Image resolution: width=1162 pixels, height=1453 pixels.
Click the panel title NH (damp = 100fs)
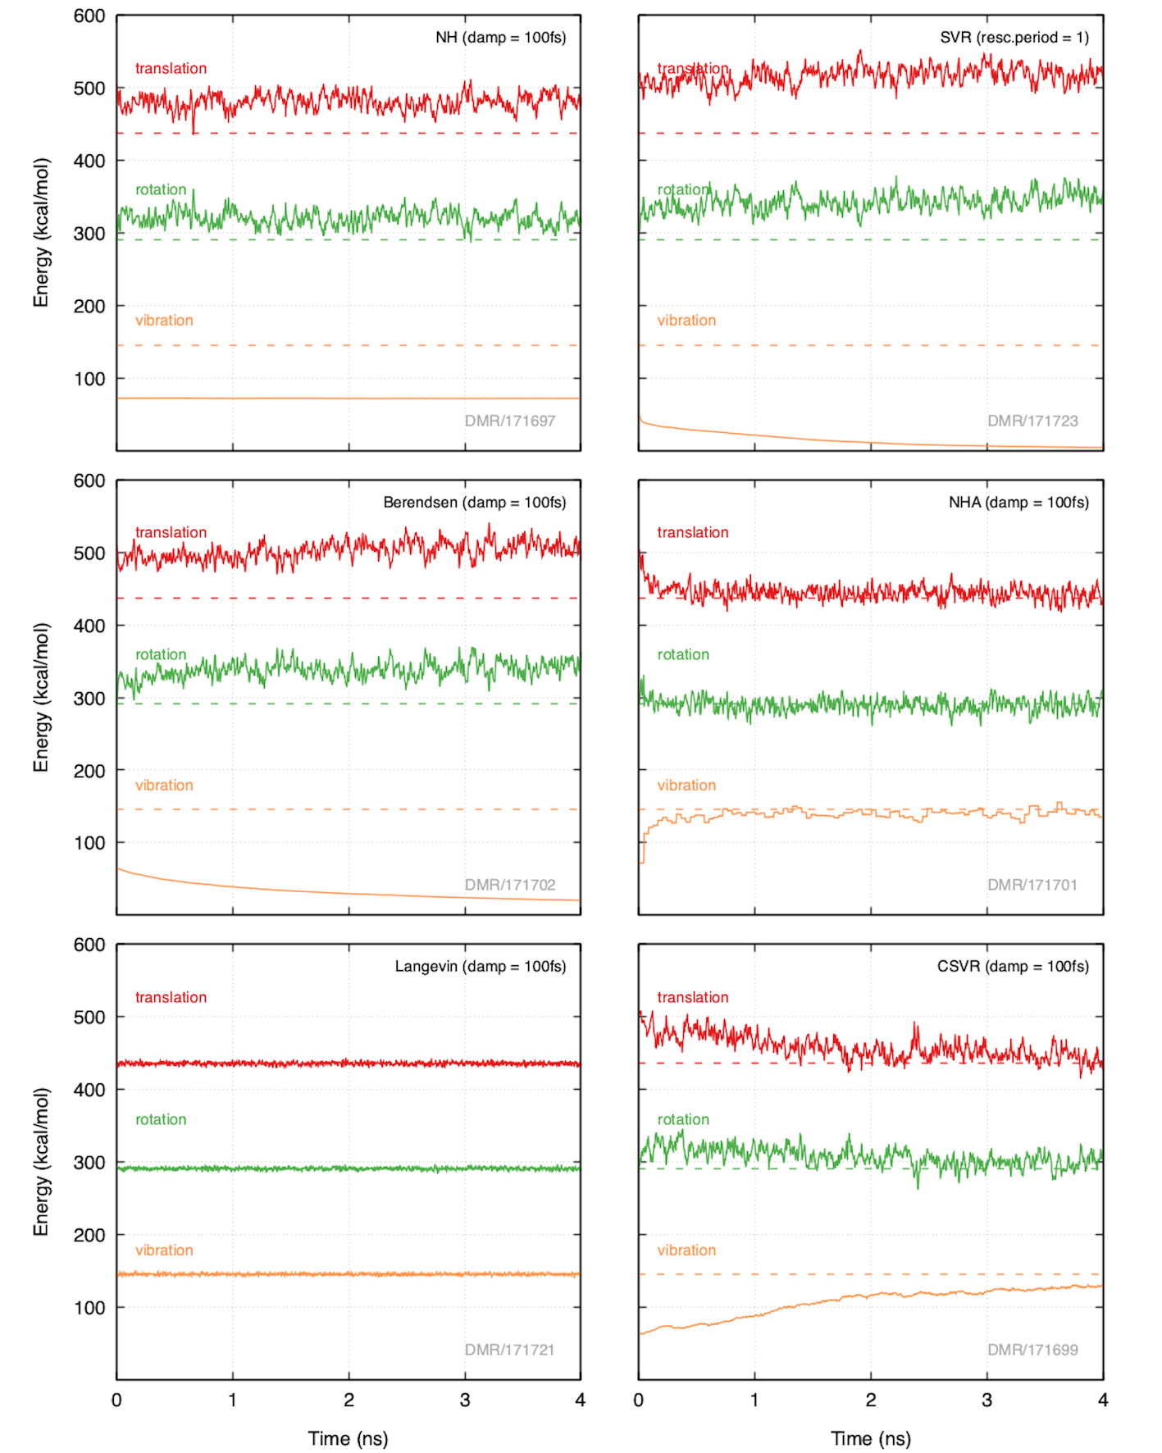coord(500,38)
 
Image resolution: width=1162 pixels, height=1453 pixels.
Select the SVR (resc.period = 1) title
coord(1014,38)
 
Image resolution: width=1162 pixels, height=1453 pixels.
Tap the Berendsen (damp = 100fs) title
coord(474,503)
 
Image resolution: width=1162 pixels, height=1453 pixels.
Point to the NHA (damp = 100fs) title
coord(1018,503)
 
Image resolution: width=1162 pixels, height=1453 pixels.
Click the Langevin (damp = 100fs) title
coord(480,967)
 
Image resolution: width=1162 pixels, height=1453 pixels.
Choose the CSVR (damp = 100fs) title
coord(1013,967)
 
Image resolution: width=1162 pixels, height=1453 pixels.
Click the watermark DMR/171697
coord(509,421)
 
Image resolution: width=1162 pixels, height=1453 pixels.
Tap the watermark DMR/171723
coord(1032,421)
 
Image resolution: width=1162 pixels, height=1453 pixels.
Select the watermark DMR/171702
coord(509,885)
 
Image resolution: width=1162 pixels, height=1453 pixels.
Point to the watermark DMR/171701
coord(1032,885)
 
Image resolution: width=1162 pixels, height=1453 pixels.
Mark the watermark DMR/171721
coord(509,1350)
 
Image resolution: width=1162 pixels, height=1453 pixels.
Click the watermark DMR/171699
coord(1032,1350)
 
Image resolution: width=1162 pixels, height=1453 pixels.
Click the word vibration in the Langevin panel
coord(164,1250)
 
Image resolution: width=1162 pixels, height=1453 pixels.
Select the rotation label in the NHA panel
coord(683,654)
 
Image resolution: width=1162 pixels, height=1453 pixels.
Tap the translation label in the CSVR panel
coord(693,997)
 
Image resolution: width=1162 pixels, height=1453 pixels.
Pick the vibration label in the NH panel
coord(164,321)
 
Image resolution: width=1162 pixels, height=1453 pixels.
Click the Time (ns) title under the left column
coord(348,1438)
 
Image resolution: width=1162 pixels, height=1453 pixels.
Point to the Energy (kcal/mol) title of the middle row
coord(41,698)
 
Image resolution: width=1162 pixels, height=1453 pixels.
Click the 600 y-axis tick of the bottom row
coord(89,945)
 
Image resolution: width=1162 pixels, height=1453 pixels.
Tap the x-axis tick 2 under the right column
coord(871,1401)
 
